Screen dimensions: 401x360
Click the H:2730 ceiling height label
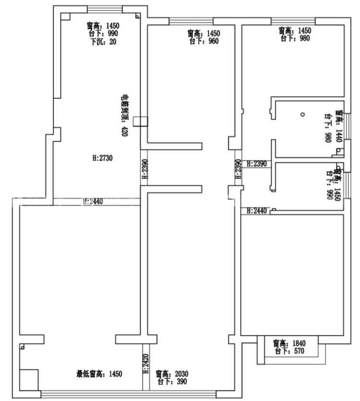pos(101,158)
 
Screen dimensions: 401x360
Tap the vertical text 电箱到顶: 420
pos(124,116)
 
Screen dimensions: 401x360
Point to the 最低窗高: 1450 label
pos(99,374)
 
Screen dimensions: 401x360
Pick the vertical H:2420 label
pos(144,365)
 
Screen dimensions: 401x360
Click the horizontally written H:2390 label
pos(256,164)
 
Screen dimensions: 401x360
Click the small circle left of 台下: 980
pos(302,114)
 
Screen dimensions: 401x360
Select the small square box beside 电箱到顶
pos(140,122)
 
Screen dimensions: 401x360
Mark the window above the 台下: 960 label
pos(191,21)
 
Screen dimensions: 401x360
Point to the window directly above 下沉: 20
pos(104,9)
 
